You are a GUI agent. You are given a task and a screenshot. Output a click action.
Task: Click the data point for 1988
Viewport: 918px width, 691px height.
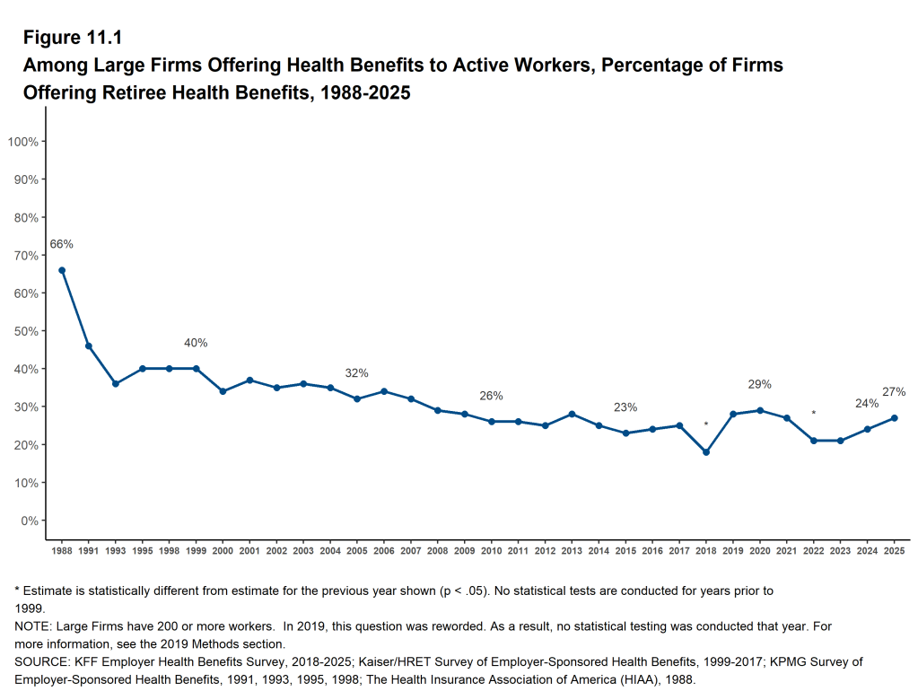(x=62, y=270)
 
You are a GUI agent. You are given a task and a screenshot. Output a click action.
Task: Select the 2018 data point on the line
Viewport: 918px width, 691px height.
(x=706, y=452)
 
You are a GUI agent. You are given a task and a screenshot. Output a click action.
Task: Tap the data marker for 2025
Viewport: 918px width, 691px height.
(x=894, y=418)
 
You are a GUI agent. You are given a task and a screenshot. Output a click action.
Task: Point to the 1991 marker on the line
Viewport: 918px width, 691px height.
(x=89, y=346)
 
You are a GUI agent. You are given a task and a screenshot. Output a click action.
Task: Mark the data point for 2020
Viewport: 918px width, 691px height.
(x=760, y=410)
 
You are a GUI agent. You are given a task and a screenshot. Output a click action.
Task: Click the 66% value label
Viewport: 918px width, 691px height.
(x=61, y=244)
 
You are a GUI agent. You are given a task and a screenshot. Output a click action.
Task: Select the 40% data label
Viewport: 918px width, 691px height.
(x=196, y=343)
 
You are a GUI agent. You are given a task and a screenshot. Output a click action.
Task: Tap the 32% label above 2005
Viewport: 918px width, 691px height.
(x=357, y=373)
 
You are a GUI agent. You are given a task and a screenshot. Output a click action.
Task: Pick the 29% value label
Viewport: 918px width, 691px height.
(x=760, y=384)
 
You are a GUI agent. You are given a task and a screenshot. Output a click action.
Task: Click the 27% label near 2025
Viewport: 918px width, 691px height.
(x=894, y=392)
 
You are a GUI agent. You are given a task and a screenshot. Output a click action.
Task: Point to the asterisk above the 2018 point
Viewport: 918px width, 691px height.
(x=706, y=425)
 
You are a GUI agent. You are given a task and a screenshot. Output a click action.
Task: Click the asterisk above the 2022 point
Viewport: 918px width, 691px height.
(x=814, y=414)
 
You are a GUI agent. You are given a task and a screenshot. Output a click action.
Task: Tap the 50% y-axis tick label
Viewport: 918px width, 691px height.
(x=24, y=331)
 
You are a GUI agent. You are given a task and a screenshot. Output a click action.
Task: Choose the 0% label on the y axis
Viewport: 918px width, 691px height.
(x=28, y=520)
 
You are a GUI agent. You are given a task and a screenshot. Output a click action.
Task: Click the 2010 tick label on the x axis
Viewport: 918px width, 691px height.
(x=492, y=549)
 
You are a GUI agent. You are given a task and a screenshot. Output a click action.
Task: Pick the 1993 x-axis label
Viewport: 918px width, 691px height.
(x=116, y=549)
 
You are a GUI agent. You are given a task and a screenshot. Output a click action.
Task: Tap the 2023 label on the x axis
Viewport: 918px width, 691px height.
(x=841, y=549)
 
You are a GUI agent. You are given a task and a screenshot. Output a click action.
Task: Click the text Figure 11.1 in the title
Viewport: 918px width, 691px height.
(x=72, y=38)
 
